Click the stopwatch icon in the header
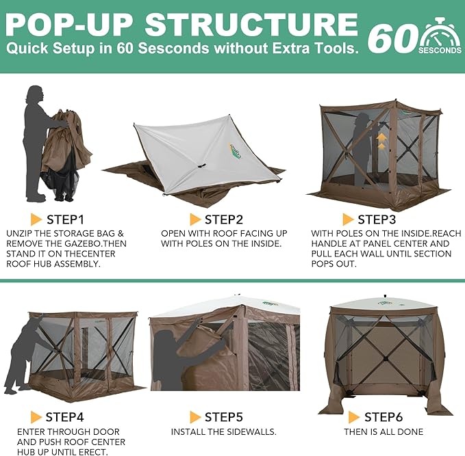tap(440, 36)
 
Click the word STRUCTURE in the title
tap(251, 25)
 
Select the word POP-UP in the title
tap(68, 25)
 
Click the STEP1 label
tap(66, 219)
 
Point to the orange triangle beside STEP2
tap(195, 219)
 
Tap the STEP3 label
tap(377, 219)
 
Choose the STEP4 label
tap(64, 417)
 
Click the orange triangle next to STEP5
tap(195, 417)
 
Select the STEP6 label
tap(384, 417)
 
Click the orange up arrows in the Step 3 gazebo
tap(381, 142)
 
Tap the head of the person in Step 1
tap(36, 94)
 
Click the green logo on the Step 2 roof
tap(236, 150)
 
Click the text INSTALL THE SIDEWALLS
tap(224, 431)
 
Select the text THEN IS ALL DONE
tap(384, 431)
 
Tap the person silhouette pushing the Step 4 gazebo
tap(25, 356)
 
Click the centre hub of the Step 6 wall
tap(386, 359)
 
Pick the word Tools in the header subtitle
tap(338, 49)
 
